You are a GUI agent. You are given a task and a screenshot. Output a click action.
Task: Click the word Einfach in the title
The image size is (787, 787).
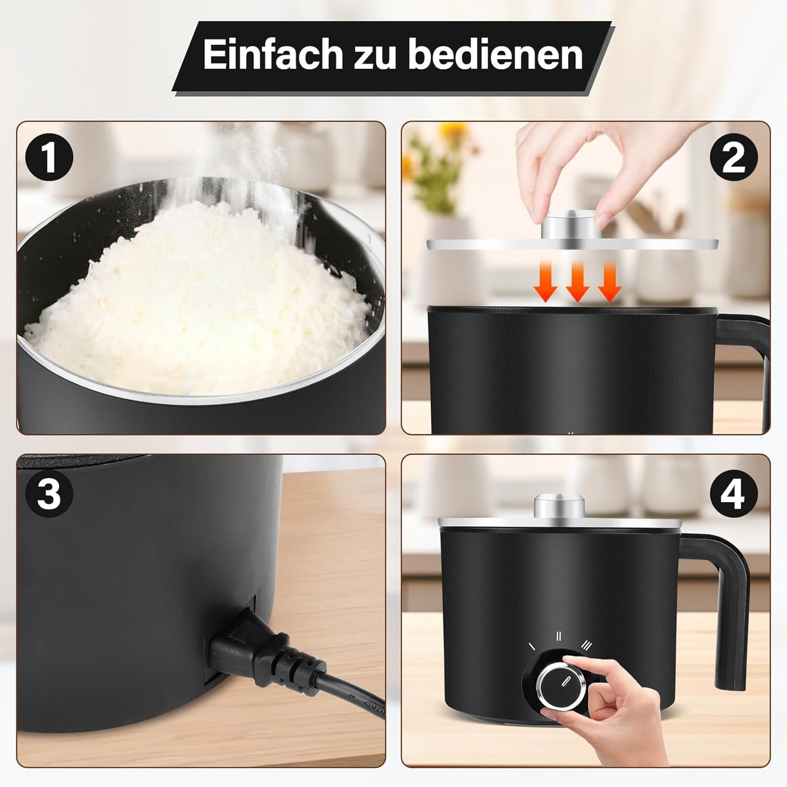(273, 54)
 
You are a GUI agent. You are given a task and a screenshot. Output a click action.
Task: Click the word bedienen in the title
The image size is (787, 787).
(496, 54)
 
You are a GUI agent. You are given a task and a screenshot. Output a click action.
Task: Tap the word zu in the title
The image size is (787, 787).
(375, 58)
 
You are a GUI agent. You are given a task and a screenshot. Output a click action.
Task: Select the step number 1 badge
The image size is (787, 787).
(50, 157)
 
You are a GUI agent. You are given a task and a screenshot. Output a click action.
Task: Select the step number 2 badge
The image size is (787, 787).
(734, 157)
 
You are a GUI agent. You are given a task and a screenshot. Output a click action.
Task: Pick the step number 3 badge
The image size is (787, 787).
(50, 494)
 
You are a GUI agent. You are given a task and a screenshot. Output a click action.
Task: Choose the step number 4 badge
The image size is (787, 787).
(734, 494)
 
